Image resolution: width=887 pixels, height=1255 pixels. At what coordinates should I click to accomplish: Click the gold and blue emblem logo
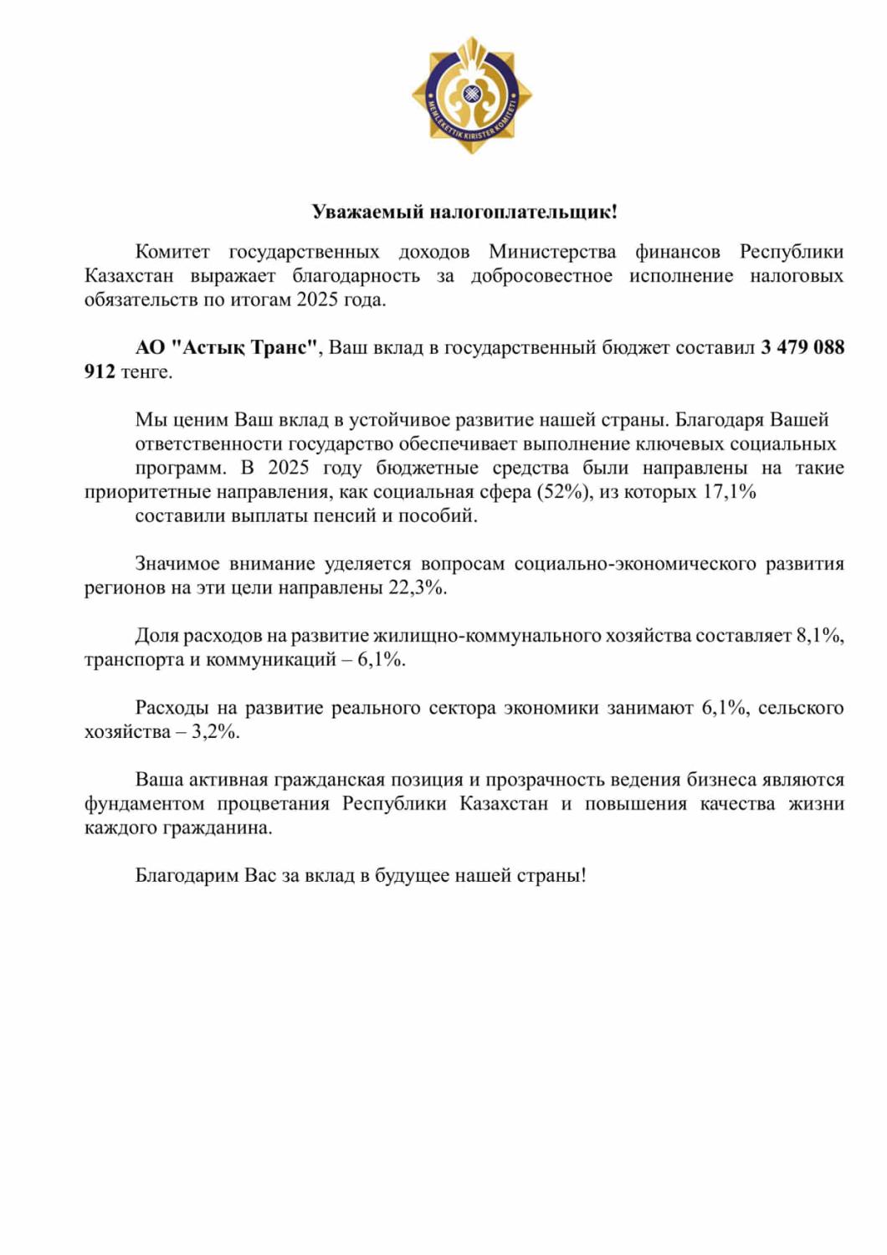pyautogui.click(x=471, y=95)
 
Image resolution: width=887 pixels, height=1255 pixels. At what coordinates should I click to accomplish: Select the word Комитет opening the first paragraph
pyautogui.click(x=172, y=252)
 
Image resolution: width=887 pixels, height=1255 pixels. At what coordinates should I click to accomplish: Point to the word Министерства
pyautogui.click(x=552, y=252)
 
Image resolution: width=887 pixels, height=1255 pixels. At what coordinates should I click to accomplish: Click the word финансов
pyautogui.click(x=677, y=252)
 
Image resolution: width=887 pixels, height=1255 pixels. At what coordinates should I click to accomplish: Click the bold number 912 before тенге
pyautogui.click(x=100, y=371)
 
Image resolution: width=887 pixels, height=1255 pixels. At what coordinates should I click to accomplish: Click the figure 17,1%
pyautogui.click(x=729, y=492)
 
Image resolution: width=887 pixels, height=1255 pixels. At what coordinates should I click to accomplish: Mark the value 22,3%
pyautogui.click(x=416, y=588)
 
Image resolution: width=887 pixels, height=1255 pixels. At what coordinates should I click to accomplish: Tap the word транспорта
pyautogui.click(x=134, y=660)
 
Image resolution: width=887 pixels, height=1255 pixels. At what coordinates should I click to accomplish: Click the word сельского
pyautogui.click(x=801, y=708)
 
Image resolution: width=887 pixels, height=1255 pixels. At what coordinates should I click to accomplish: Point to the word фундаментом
pyautogui.click(x=144, y=804)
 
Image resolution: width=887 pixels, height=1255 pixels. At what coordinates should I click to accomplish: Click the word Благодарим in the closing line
pyautogui.click(x=187, y=876)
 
